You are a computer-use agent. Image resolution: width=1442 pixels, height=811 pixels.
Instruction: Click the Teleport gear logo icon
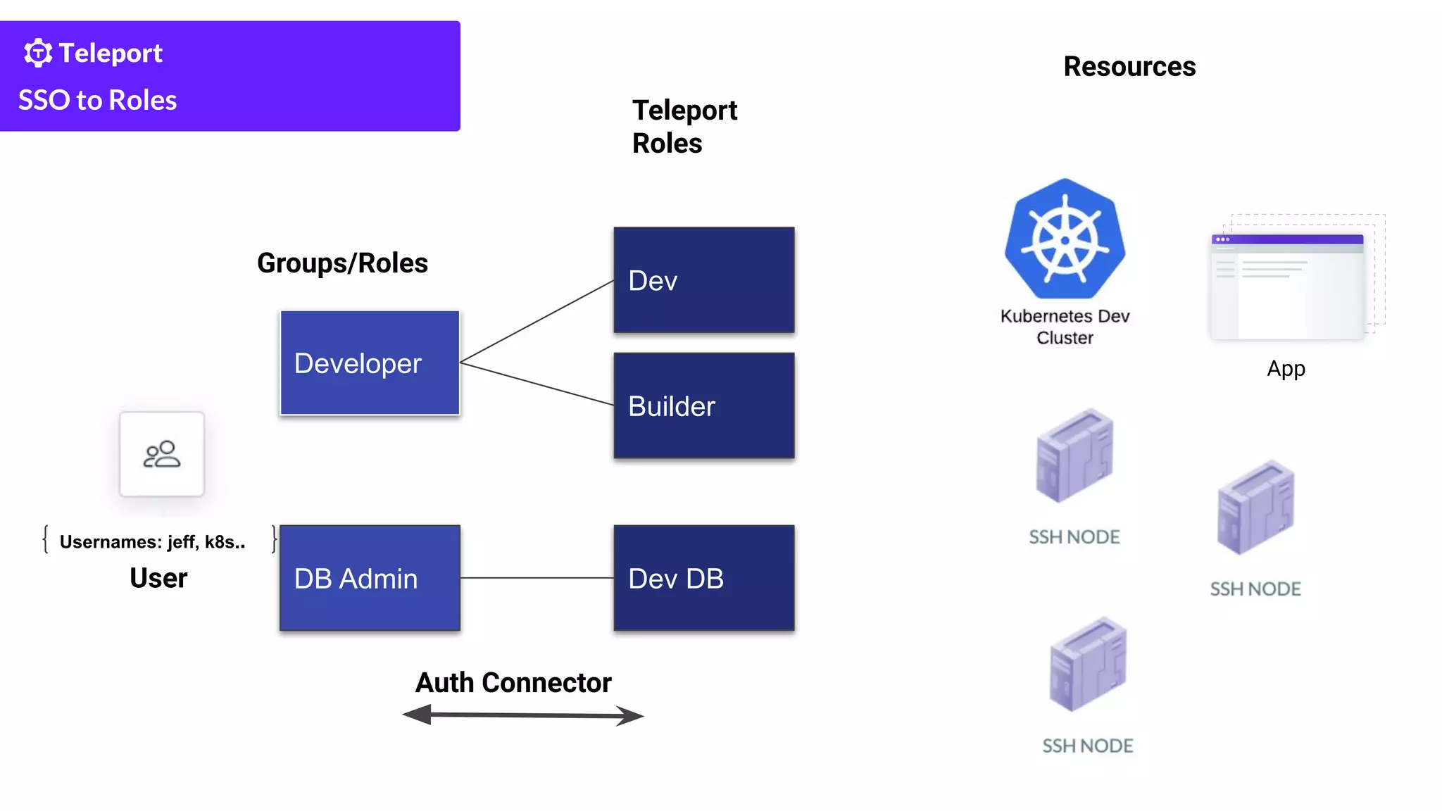pyautogui.click(x=38, y=53)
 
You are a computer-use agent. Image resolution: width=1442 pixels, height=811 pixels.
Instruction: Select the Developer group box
pyautogui.click(x=370, y=363)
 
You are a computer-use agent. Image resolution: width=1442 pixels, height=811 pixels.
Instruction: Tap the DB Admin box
pyautogui.click(x=370, y=578)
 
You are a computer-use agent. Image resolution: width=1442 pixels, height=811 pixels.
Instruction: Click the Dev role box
pyautogui.click(x=703, y=280)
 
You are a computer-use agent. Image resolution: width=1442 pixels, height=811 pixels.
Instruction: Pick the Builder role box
pyautogui.click(x=703, y=406)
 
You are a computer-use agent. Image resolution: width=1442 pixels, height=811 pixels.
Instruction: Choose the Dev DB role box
pyautogui.click(x=703, y=578)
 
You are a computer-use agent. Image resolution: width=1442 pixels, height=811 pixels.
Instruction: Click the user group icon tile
pyautogui.click(x=162, y=454)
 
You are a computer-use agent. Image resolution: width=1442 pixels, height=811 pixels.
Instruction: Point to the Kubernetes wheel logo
pyautogui.click(x=1065, y=239)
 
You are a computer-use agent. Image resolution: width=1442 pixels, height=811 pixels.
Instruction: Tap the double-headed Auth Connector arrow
pyautogui.click(x=522, y=715)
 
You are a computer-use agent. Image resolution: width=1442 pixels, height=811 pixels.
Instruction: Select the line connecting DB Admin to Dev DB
pyautogui.click(x=537, y=578)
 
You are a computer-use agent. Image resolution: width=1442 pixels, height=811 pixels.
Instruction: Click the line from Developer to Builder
pyautogui.click(x=537, y=384)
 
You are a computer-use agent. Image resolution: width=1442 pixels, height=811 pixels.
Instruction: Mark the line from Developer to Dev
pyautogui.click(x=537, y=322)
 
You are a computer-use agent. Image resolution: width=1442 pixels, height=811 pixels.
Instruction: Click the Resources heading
pyautogui.click(x=1129, y=67)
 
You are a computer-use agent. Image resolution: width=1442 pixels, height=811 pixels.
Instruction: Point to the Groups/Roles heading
pyautogui.click(x=342, y=263)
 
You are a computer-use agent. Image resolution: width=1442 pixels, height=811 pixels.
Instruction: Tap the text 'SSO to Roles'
pyautogui.click(x=97, y=100)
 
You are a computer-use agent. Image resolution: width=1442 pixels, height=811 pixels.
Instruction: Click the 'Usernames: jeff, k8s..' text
pyautogui.click(x=152, y=542)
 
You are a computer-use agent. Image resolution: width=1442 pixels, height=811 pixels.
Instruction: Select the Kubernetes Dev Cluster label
pyautogui.click(x=1065, y=327)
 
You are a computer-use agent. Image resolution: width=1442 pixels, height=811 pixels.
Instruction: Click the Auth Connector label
pyautogui.click(x=513, y=683)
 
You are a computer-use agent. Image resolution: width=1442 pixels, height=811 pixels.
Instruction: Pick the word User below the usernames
pyautogui.click(x=158, y=578)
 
